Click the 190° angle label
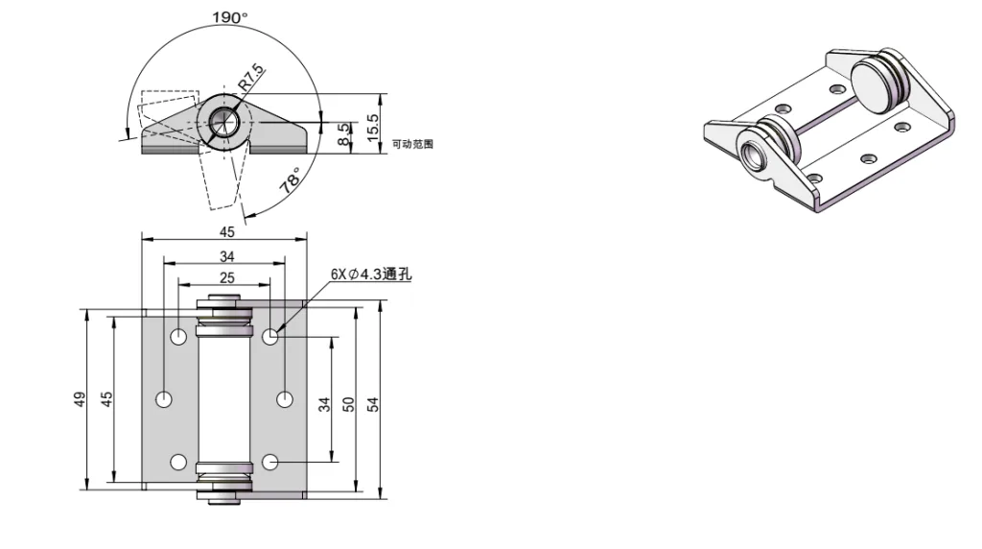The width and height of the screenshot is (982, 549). [229, 17]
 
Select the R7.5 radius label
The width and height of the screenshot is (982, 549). [251, 76]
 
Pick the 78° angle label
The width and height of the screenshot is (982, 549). [291, 181]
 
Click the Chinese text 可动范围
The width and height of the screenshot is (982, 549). [413, 144]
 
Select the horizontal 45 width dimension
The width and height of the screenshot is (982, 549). [226, 231]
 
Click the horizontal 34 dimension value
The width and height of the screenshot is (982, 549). [226, 256]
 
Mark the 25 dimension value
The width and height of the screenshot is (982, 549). [226, 277]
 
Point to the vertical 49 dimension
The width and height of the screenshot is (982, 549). [81, 399]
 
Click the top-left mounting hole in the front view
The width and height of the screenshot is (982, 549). [178, 337]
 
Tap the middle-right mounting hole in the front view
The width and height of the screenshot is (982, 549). [285, 398]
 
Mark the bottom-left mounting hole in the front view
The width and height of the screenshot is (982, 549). [178, 462]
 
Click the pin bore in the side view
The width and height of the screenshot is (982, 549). [223, 122]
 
